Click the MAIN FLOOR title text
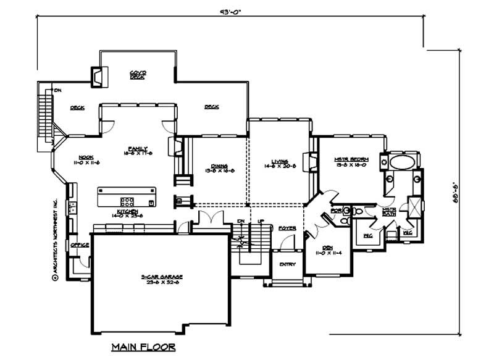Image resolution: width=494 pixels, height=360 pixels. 143,346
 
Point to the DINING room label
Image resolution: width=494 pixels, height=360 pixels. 219,167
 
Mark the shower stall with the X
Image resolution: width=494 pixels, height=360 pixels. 414,206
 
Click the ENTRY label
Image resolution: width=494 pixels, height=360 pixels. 287,264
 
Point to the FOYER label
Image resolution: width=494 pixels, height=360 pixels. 287,228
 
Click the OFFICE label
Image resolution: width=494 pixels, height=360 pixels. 80,245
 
